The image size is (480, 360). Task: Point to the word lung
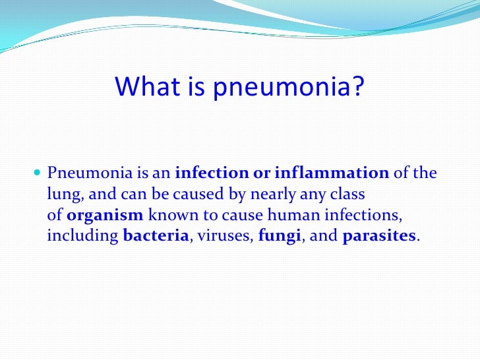(62, 195)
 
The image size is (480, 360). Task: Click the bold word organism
(105, 216)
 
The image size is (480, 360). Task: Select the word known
(168, 216)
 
